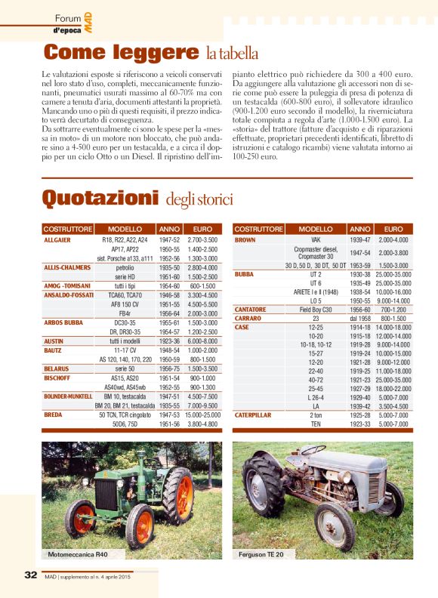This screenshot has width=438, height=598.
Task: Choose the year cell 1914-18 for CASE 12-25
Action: point(360,327)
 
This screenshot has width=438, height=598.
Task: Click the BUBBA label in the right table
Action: point(245,274)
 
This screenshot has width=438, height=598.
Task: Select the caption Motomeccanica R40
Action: point(78,554)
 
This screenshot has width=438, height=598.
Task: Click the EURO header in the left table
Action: point(202,229)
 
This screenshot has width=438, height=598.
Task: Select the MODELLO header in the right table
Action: point(316,229)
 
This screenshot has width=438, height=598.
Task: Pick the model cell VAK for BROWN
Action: point(316,239)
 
